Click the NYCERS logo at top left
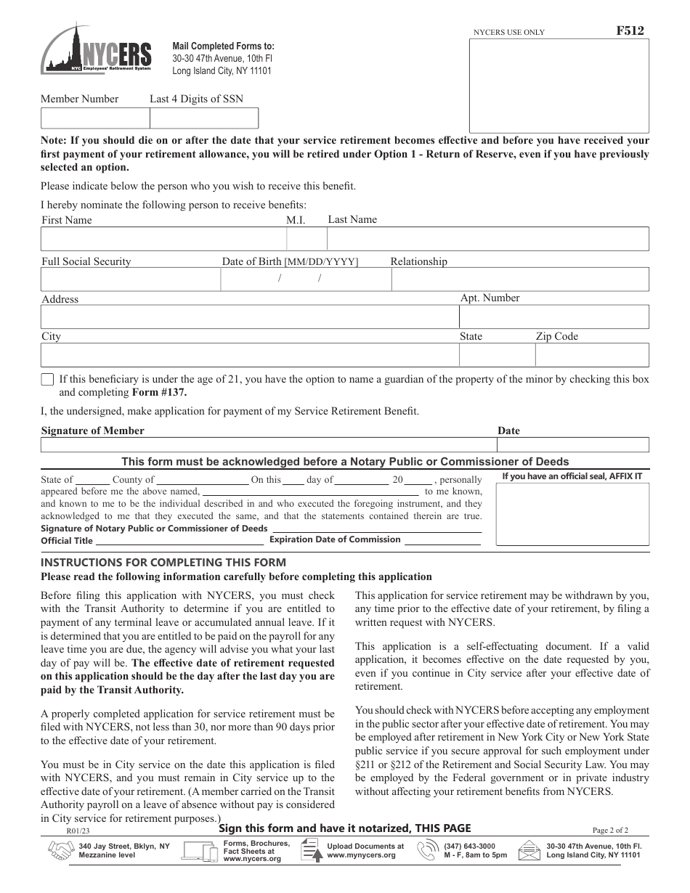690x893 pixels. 97,49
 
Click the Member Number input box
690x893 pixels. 95,118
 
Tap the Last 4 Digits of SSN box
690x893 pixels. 203,118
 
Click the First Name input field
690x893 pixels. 163,238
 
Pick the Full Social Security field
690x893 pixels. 131,279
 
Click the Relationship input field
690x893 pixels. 520,279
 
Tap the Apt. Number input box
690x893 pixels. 554,317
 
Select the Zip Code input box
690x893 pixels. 592,354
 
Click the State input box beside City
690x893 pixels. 497,354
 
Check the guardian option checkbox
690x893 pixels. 47,379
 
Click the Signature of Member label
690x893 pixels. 93,431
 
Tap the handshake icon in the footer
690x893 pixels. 60,851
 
